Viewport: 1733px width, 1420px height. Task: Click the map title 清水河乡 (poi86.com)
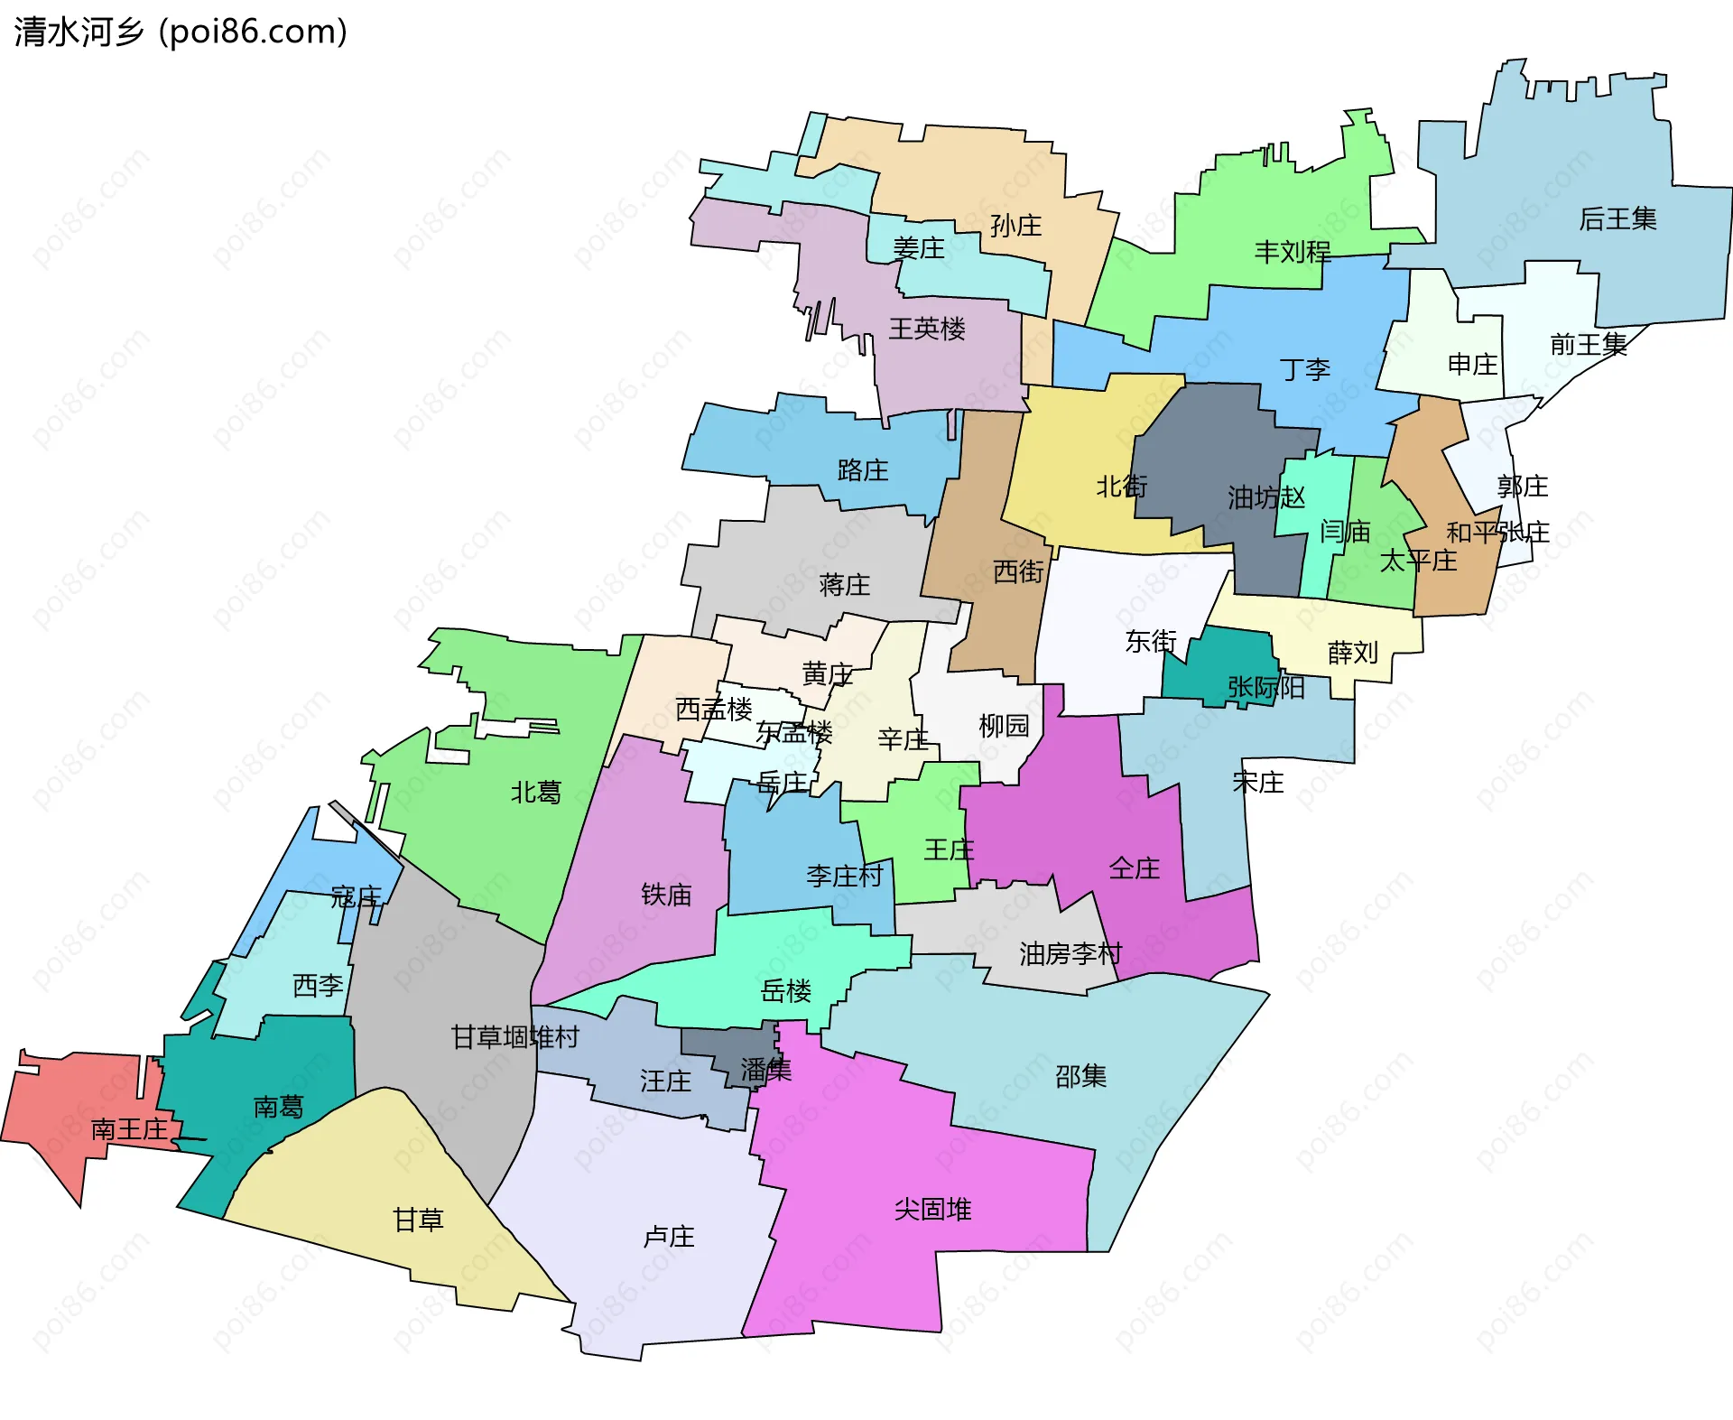point(181,32)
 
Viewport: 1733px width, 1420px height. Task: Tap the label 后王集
point(1617,219)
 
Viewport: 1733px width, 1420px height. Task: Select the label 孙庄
point(1015,226)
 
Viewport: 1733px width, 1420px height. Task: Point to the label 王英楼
point(927,329)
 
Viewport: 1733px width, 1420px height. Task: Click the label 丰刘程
point(1293,252)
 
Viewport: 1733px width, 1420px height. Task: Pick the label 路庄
point(863,470)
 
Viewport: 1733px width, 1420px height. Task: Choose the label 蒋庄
point(845,585)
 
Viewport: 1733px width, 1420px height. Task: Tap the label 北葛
point(536,793)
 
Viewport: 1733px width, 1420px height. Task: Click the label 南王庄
point(130,1129)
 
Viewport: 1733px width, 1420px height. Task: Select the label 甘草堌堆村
point(514,1037)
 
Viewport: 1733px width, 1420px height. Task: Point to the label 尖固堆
point(932,1210)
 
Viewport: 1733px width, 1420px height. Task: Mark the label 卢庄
point(669,1237)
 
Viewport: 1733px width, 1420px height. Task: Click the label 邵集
point(1080,1076)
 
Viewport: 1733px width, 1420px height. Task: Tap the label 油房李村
point(1070,954)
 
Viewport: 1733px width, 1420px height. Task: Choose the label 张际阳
point(1265,688)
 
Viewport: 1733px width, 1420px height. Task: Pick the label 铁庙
point(666,895)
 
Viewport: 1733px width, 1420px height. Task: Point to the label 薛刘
point(1353,653)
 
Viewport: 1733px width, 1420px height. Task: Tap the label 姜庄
point(919,248)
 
